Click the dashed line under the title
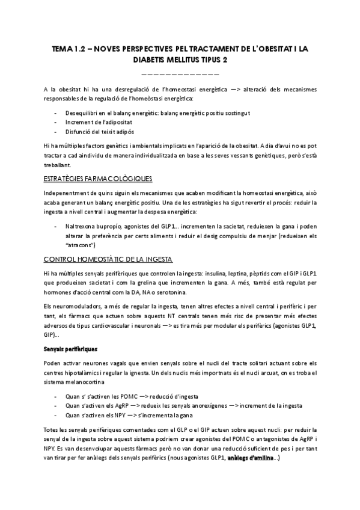pyautogui.click(x=180, y=74)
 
